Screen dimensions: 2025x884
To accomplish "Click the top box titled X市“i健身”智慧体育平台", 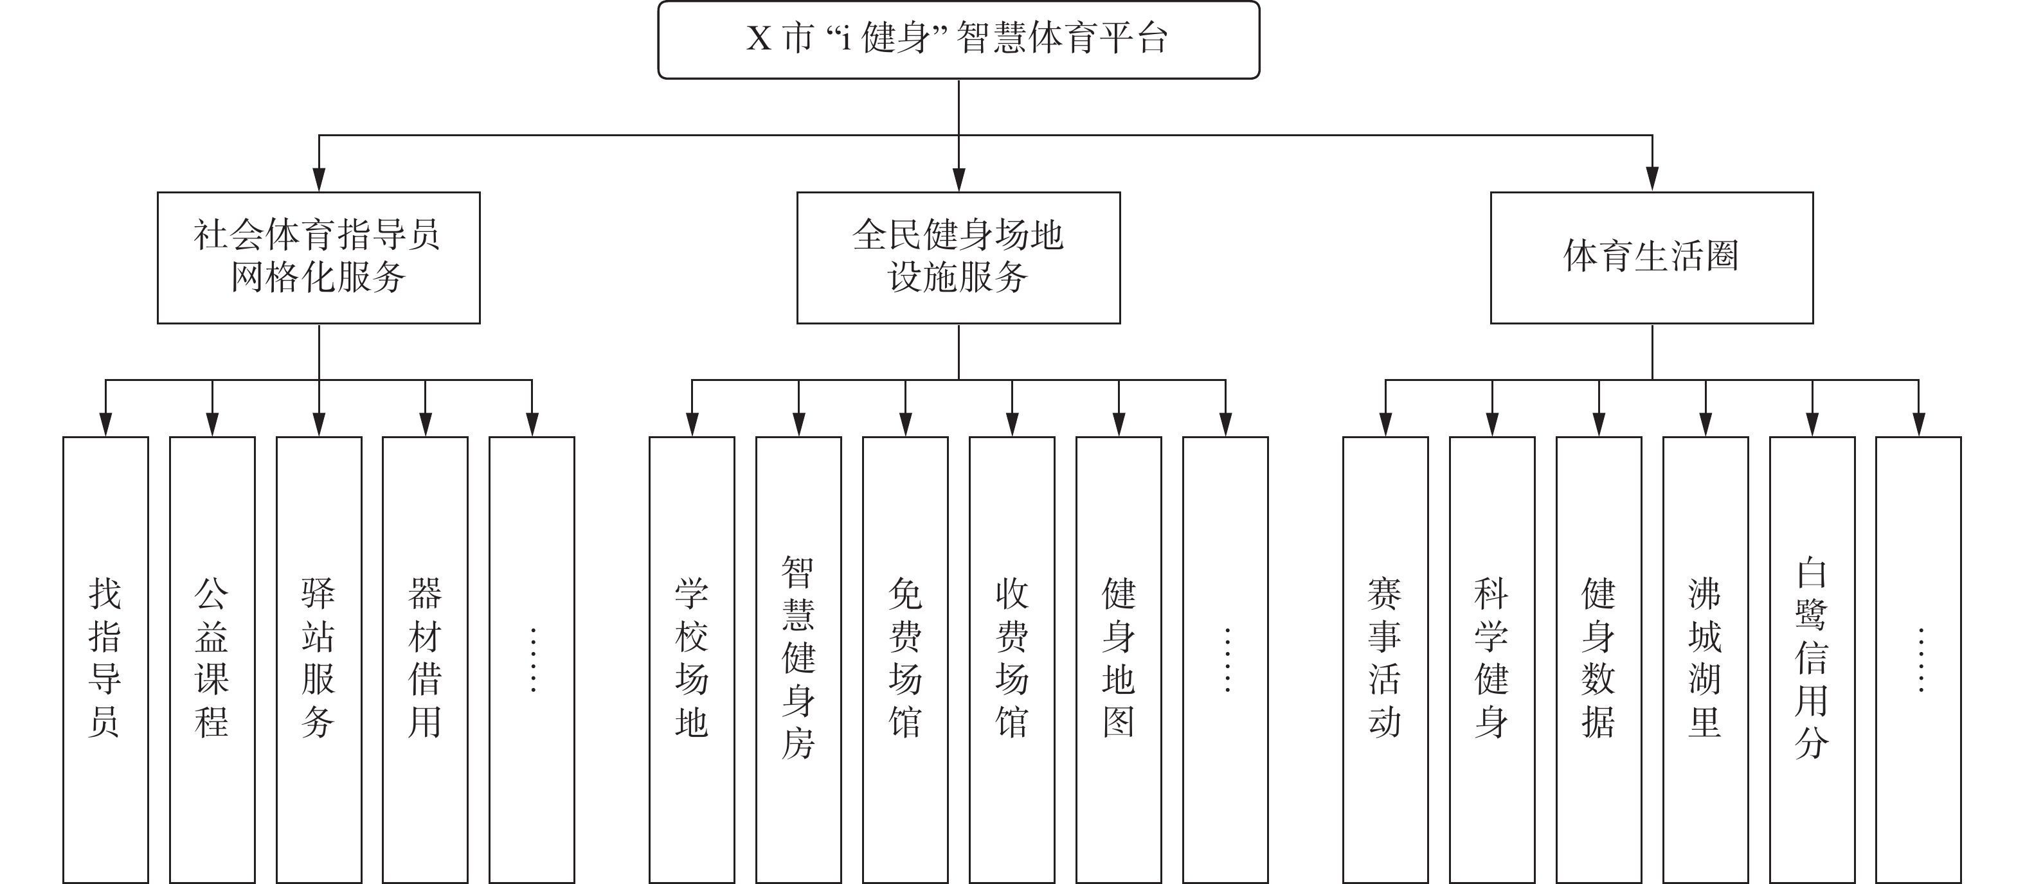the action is tap(959, 39).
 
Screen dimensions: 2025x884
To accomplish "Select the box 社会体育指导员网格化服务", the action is tap(318, 258).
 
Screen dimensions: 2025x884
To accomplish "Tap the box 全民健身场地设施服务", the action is tap(959, 258).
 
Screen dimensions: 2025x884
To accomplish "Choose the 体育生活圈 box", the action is tap(1652, 258).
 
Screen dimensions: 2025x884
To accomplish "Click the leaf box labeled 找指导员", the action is tap(105, 659).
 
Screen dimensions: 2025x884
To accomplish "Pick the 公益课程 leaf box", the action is tap(212, 659).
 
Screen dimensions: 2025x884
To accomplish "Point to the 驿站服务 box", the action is tap(319, 659).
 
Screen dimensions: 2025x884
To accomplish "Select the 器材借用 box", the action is tap(426, 659).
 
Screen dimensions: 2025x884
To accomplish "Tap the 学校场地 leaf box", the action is tap(692, 659).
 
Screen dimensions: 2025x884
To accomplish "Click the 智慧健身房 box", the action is tap(798, 659).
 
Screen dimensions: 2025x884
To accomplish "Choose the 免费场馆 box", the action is tap(906, 659).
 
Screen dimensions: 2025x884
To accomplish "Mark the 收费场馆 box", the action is tap(1012, 659).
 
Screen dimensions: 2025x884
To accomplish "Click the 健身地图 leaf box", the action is tap(1119, 659).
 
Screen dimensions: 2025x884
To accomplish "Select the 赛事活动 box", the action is tap(1385, 659).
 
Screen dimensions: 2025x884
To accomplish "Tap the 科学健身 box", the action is tap(1492, 659).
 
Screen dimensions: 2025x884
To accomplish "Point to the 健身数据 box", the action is tap(1599, 659).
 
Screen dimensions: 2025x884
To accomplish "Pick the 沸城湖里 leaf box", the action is tap(1706, 659).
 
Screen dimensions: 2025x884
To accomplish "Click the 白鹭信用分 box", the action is tap(1812, 659).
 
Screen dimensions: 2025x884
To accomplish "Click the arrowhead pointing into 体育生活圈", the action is tap(1652, 179).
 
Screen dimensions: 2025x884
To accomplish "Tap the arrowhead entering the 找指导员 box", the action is tap(105, 424).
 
